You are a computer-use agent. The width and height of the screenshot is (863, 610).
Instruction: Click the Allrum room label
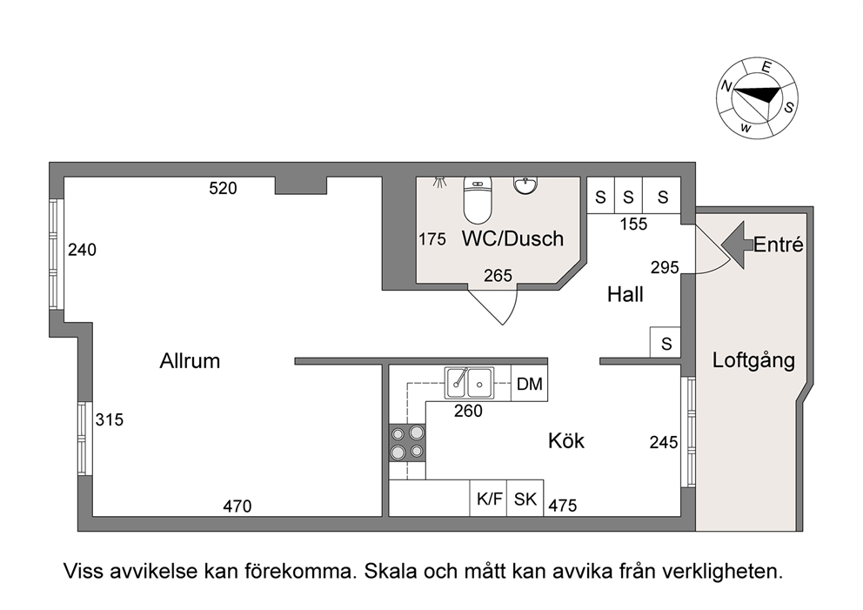[x=190, y=361]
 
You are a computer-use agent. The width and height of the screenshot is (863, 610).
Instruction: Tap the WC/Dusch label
[x=513, y=239]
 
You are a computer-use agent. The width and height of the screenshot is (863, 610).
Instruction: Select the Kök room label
[x=566, y=440]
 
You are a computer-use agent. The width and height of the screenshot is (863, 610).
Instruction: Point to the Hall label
[x=626, y=294]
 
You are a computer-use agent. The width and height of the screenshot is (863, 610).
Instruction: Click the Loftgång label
[x=754, y=361]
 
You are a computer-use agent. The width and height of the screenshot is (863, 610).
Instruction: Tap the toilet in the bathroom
[x=478, y=200]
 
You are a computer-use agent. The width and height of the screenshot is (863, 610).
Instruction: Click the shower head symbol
[x=439, y=182]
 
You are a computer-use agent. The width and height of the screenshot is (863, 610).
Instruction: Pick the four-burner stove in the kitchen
[x=408, y=443]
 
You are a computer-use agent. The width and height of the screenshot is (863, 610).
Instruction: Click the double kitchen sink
[x=469, y=383]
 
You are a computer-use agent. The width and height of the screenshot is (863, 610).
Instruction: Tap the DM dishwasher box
[x=530, y=384]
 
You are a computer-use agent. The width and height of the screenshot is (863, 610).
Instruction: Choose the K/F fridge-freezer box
[x=488, y=499]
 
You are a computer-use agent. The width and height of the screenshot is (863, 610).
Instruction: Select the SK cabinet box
[x=525, y=499]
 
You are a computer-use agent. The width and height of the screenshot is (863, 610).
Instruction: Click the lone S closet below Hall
[x=666, y=343]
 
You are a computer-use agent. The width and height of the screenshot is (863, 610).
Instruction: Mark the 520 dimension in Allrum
[x=223, y=189]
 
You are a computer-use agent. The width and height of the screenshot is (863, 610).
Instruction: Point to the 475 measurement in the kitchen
[x=563, y=506]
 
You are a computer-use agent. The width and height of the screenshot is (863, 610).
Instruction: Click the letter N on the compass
[x=726, y=86]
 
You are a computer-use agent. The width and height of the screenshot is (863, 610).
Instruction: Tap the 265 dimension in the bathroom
[x=498, y=275]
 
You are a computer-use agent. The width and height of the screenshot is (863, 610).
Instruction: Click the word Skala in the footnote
[x=391, y=571]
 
